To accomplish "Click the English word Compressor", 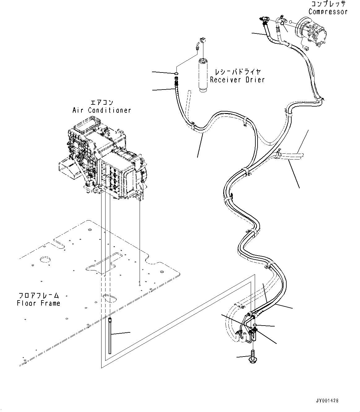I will coord(328,12).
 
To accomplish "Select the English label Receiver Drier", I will coord(237,80).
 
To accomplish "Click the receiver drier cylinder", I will coord(204,74).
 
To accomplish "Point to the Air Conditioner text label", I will coord(102,110).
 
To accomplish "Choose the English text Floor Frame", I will coord(39,303).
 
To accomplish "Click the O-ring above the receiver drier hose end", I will coord(176,73).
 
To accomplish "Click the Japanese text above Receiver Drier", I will coord(237,72).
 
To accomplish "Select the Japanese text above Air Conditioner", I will coord(102,103).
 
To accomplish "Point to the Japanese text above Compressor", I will coord(328,4).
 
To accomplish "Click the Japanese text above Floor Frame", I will coord(39,296).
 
